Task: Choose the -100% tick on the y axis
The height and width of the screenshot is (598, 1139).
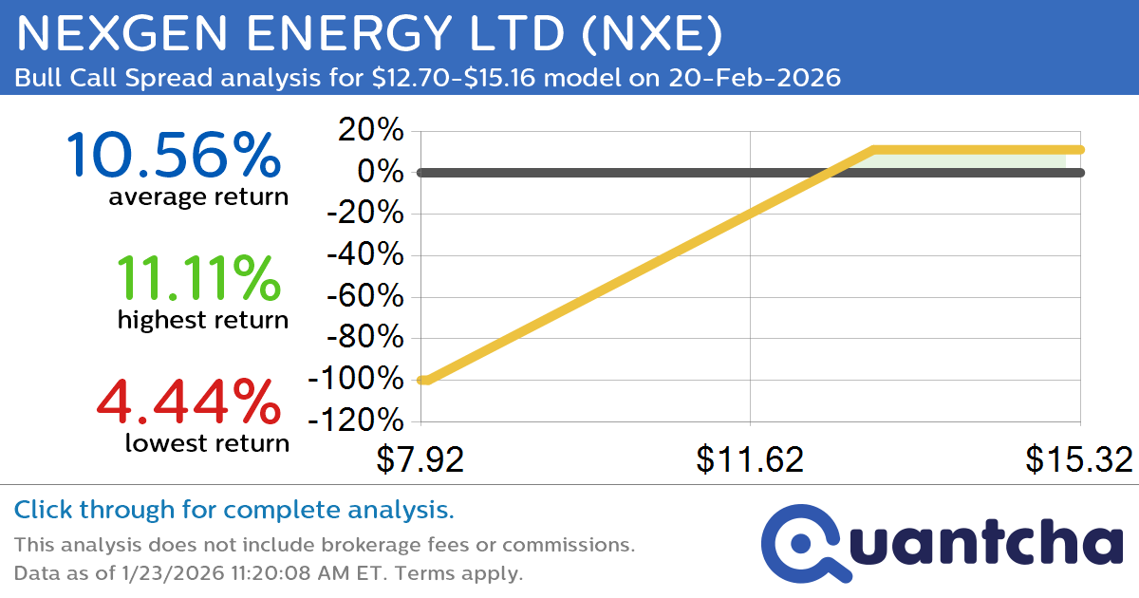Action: click(x=355, y=379)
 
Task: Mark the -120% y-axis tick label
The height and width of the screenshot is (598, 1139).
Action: click(x=355, y=420)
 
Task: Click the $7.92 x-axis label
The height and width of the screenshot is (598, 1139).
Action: click(x=420, y=459)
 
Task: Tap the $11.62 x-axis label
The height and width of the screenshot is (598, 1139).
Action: click(x=750, y=459)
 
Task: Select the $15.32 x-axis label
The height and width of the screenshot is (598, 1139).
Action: click(x=1078, y=459)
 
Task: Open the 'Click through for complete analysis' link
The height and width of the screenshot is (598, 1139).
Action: click(x=233, y=511)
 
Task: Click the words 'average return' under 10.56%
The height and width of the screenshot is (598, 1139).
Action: click(x=197, y=196)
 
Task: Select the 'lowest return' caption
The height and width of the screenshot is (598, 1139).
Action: click(x=207, y=442)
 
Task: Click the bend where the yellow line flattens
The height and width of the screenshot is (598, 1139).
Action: click(x=872, y=150)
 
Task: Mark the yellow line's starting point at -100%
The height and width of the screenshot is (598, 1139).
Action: click(x=423, y=380)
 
